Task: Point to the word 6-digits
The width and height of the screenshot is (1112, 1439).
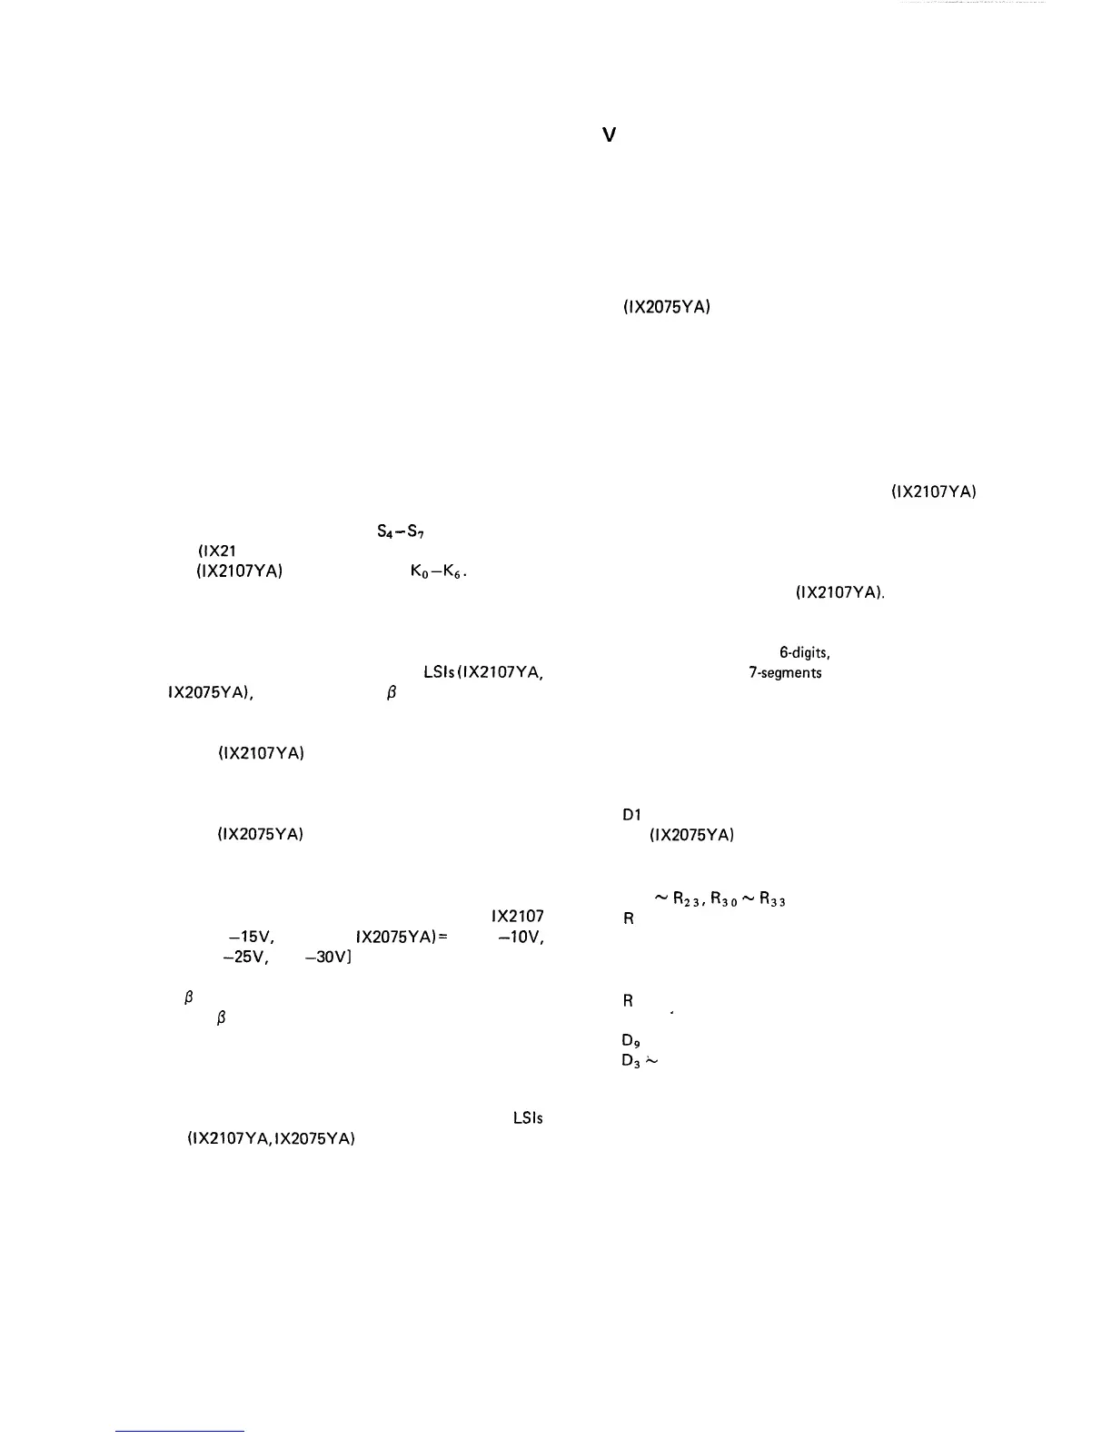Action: [x=805, y=652]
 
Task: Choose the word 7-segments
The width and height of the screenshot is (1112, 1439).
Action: [x=785, y=673]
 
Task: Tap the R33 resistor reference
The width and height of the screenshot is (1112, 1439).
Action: [x=772, y=900]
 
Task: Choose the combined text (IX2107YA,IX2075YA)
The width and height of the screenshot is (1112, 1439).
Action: [x=270, y=1137]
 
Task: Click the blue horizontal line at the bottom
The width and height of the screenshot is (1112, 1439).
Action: [x=180, y=1431]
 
